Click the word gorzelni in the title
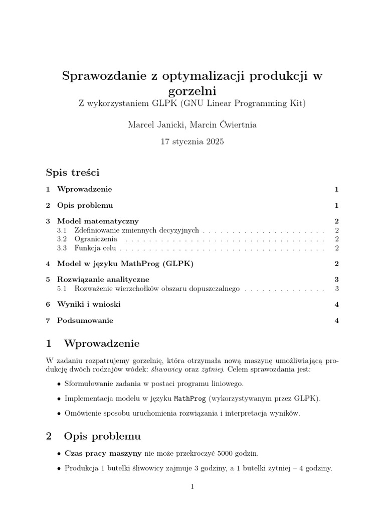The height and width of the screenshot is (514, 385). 192,91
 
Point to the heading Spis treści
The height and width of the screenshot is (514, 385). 73,173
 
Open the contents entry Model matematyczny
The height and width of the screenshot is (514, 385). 98,221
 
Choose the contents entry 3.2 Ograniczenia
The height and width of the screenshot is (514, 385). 95,239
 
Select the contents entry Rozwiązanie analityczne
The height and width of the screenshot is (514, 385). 103,279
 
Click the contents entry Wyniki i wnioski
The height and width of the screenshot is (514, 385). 89,304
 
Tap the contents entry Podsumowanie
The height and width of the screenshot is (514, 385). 85,320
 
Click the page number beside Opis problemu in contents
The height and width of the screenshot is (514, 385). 337,205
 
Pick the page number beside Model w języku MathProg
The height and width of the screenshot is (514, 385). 337,264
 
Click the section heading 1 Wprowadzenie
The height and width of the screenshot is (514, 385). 92,344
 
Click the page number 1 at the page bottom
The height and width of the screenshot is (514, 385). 192,486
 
